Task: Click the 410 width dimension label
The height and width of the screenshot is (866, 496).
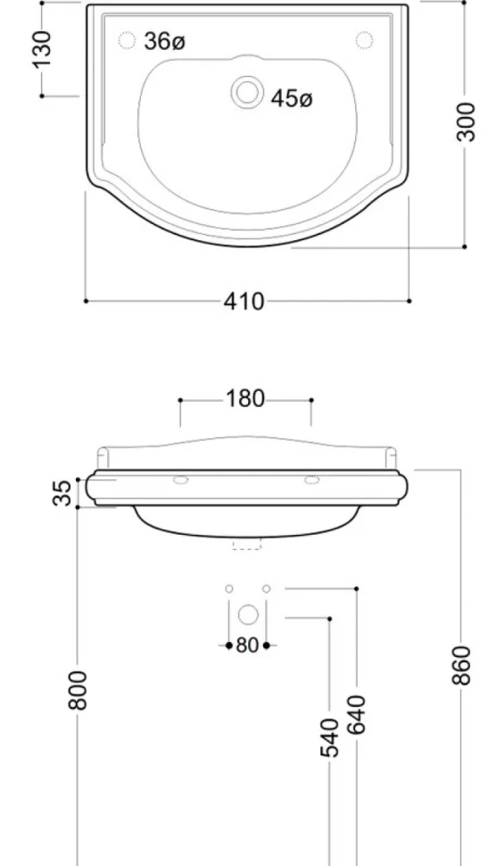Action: coord(244,302)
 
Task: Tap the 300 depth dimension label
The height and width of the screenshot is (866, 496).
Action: coord(467,122)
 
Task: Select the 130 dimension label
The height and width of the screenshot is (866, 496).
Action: coord(42,49)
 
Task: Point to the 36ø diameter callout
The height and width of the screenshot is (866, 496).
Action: coord(164,41)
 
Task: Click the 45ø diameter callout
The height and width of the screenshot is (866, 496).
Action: coord(292,99)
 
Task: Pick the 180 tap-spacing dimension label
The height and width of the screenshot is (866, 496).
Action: coord(245,399)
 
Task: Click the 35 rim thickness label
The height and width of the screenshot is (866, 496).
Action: coord(64,493)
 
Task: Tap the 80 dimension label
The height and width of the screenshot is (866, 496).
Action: coord(247,645)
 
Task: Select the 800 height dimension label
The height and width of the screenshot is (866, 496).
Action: coord(78,690)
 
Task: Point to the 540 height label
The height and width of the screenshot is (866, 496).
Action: coord(330,737)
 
